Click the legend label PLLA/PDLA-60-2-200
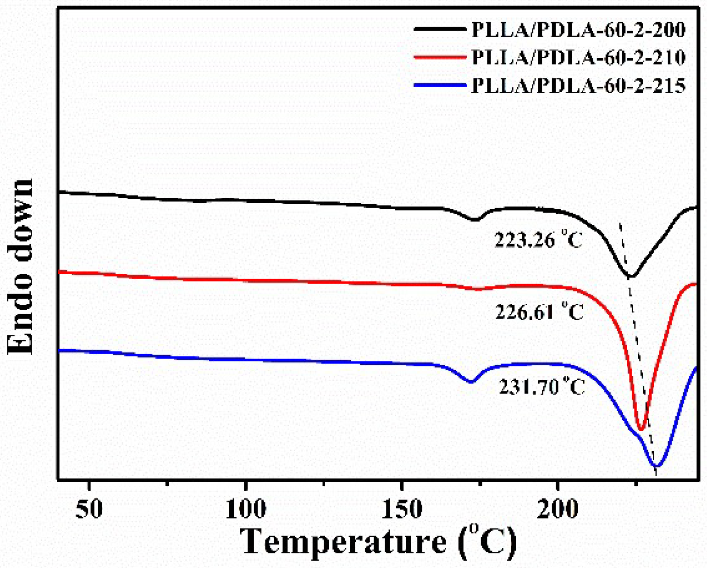click(578, 30)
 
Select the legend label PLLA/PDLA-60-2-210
click(578, 58)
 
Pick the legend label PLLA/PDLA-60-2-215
click(578, 86)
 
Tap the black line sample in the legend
click(440, 29)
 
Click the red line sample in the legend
click(440, 57)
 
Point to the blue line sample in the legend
click(440, 85)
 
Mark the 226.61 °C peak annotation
click(539, 312)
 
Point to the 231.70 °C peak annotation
click(541, 387)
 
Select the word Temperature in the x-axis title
click(343, 542)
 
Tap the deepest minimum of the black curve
click(630, 276)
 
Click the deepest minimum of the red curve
click(641, 429)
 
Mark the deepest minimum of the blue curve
click(657, 466)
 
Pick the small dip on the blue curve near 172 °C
click(470, 381)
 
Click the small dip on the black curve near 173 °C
click(475, 220)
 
